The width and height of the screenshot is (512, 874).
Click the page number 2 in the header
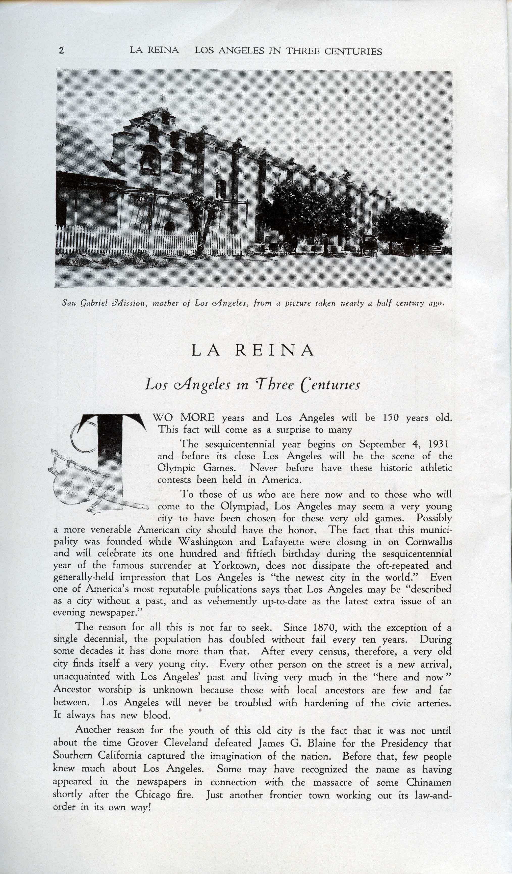click(61, 51)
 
